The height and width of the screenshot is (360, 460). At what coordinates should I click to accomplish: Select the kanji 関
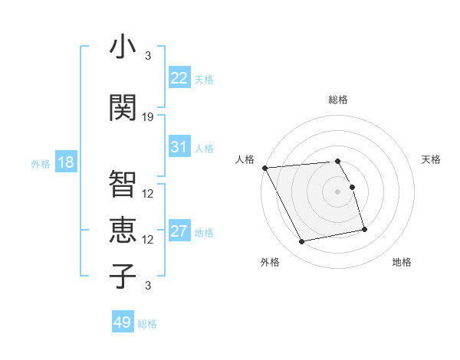(123, 107)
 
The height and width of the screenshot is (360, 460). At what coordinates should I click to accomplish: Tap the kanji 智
(123, 183)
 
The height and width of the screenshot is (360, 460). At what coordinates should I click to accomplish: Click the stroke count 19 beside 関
(148, 117)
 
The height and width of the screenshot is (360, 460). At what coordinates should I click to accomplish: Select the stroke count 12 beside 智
(148, 193)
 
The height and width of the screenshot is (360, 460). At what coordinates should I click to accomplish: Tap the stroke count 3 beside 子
(148, 286)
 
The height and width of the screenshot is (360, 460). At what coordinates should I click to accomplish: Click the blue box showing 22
(179, 77)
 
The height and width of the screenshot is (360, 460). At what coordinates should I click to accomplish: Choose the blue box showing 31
(179, 147)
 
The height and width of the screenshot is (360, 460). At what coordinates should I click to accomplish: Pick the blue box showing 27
(179, 231)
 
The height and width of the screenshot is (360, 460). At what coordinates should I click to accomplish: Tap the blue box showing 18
(65, 162)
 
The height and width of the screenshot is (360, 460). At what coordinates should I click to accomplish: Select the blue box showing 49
(123, 322)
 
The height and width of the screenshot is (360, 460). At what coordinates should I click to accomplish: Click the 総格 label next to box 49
(148, 324)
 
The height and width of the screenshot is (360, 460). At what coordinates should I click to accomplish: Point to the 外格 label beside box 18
(41, 163)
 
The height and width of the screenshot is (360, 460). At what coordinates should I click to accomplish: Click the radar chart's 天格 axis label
(432, 159)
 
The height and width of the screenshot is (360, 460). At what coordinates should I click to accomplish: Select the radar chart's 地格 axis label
(402, 263)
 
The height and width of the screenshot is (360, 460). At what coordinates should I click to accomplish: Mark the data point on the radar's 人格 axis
(264, 168)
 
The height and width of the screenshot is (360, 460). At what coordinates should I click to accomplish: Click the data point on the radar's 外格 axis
(302, 242)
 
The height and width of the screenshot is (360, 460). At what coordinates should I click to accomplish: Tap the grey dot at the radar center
(338, 191)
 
